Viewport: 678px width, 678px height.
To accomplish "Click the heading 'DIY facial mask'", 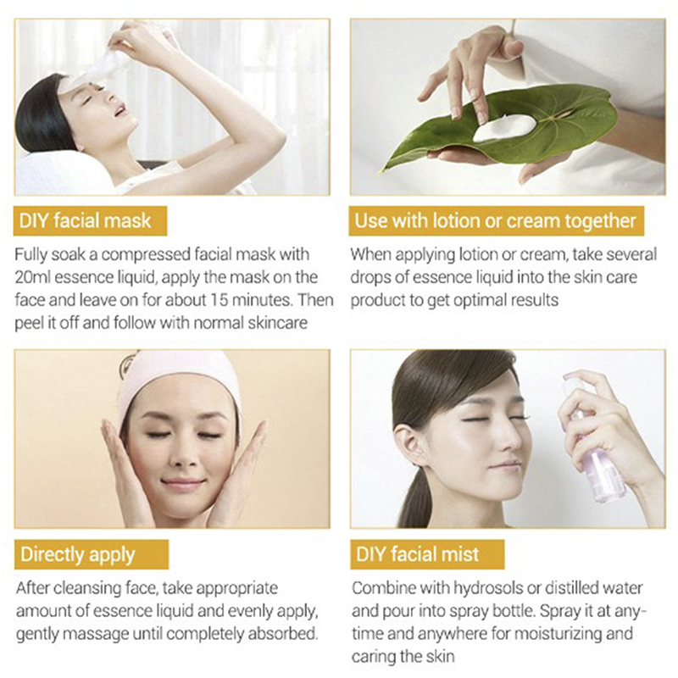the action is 86,220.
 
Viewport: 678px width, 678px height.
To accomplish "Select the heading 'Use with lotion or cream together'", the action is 495,220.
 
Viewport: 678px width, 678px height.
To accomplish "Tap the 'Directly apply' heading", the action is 78,555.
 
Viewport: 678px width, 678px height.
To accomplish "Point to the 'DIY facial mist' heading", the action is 417,554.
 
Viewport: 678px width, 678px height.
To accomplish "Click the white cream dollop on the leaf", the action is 505,128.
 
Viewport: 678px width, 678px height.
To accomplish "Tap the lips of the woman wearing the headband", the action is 182,482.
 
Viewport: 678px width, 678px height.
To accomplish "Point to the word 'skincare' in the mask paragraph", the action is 278,323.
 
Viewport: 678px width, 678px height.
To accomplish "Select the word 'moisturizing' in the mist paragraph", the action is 558,634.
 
